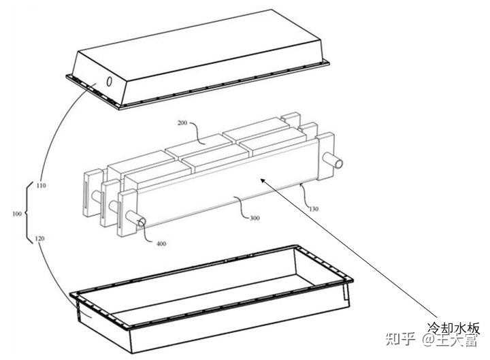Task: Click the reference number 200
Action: pos(182,122)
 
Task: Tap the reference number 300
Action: pos(255,218)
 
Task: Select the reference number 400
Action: pos(161,244)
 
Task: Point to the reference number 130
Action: pos(314,209)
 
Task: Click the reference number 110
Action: pos(41,186)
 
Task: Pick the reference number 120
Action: pos(39,239)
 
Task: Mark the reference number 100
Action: pos(17,214)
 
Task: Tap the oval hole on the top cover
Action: pos(109,82)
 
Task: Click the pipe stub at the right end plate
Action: pos(333,161)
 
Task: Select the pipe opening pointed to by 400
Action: pos(142,222)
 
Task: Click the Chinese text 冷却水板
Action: pos(453,328)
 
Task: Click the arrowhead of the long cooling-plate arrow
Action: pos(263,180)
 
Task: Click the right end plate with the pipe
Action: pos(326,156)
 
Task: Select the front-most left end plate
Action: pos(127,214)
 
